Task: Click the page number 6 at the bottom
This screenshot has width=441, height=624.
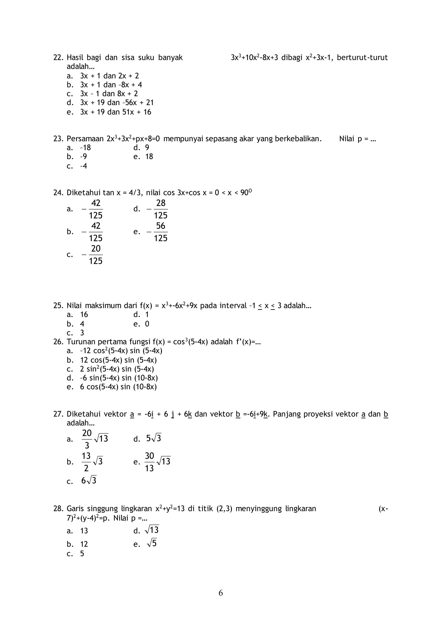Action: pos(220,593)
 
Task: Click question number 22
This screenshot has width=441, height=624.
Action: pos(58,58)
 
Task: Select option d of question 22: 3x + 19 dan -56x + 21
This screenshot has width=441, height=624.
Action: pos(117,103)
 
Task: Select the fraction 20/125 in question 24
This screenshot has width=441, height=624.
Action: pos(96,255)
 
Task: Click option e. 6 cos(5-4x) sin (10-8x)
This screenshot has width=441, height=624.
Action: pos(118,387)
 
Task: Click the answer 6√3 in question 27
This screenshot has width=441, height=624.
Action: pos(89,480)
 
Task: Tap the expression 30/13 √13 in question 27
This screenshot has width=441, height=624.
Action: pos(157,462)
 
